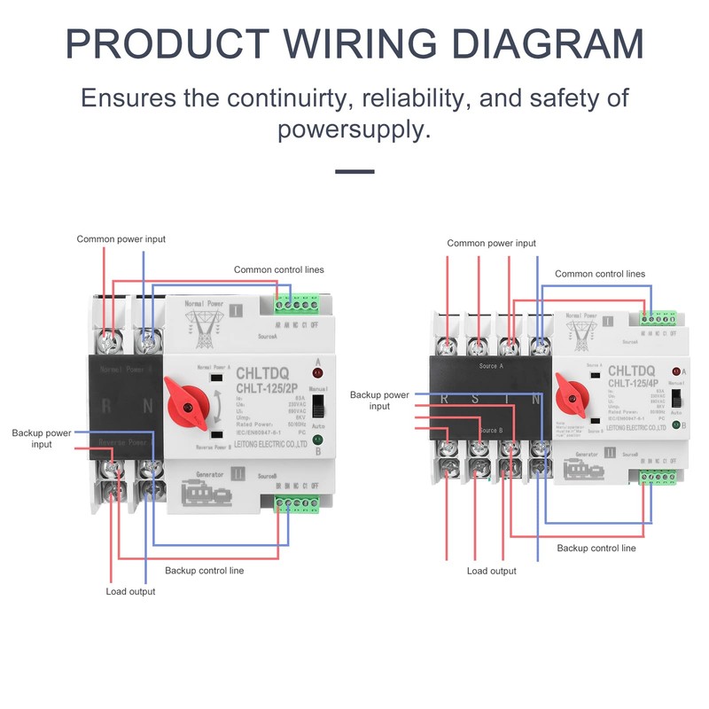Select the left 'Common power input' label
pos(121,239)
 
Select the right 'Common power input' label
pos(491,243)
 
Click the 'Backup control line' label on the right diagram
pos(596,549)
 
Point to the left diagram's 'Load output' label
pos(130,591)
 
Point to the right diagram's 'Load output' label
pos(491,572)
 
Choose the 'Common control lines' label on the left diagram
pos(278,269)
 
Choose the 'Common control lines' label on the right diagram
pos(599,274)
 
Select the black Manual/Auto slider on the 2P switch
pos(322,407)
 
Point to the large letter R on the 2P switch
pos(106,408)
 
